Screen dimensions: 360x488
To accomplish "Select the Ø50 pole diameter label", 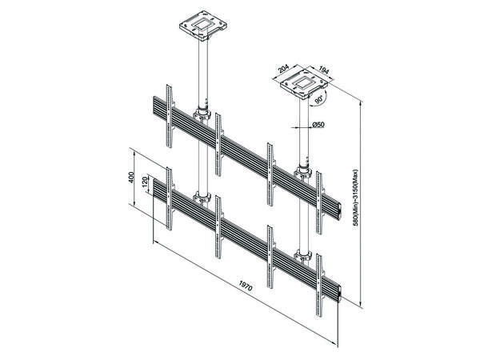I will pos(318,125).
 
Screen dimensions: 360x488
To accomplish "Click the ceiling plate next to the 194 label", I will pos(303,82).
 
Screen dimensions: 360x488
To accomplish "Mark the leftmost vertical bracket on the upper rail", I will pos(167,114).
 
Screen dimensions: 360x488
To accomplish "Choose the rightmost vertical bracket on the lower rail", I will pos(324,281).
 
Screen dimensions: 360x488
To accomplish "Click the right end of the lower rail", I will pos(341,291).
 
